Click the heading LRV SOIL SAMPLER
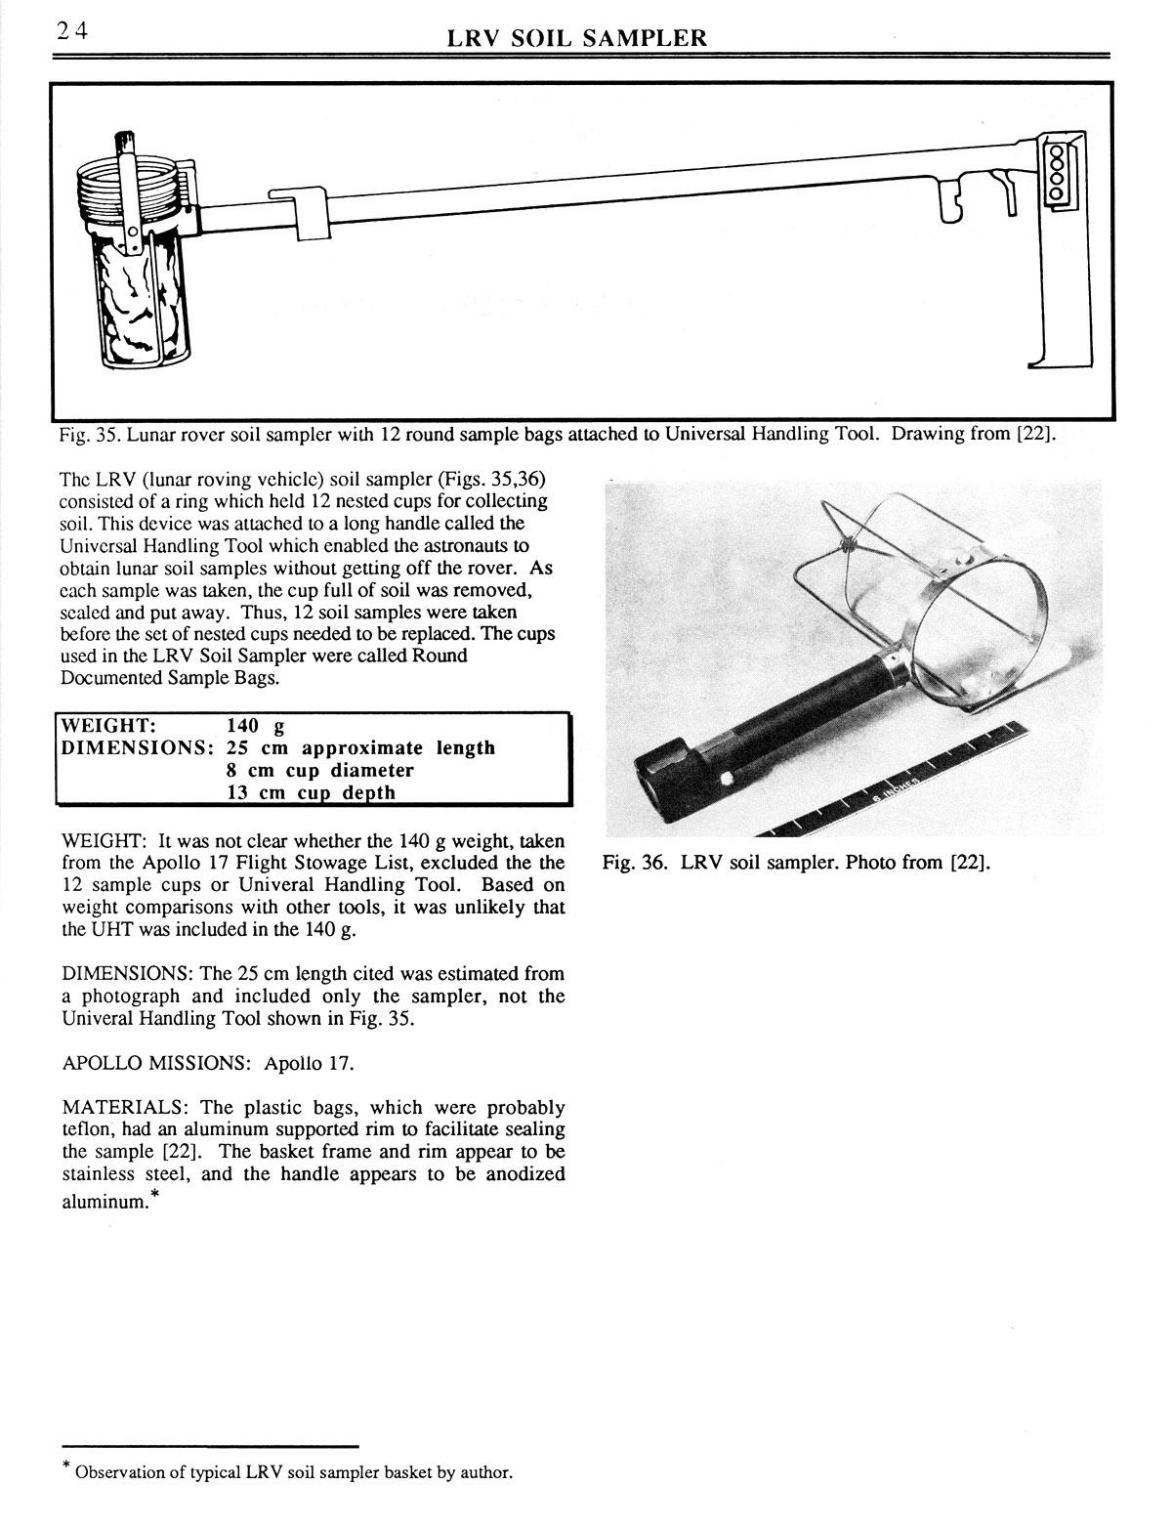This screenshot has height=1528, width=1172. tap(575, 38)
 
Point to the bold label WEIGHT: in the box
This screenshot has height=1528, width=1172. tap(107, 726)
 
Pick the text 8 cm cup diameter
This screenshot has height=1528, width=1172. tap(319, 770)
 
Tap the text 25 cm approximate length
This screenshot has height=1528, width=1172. tap(360, 748)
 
